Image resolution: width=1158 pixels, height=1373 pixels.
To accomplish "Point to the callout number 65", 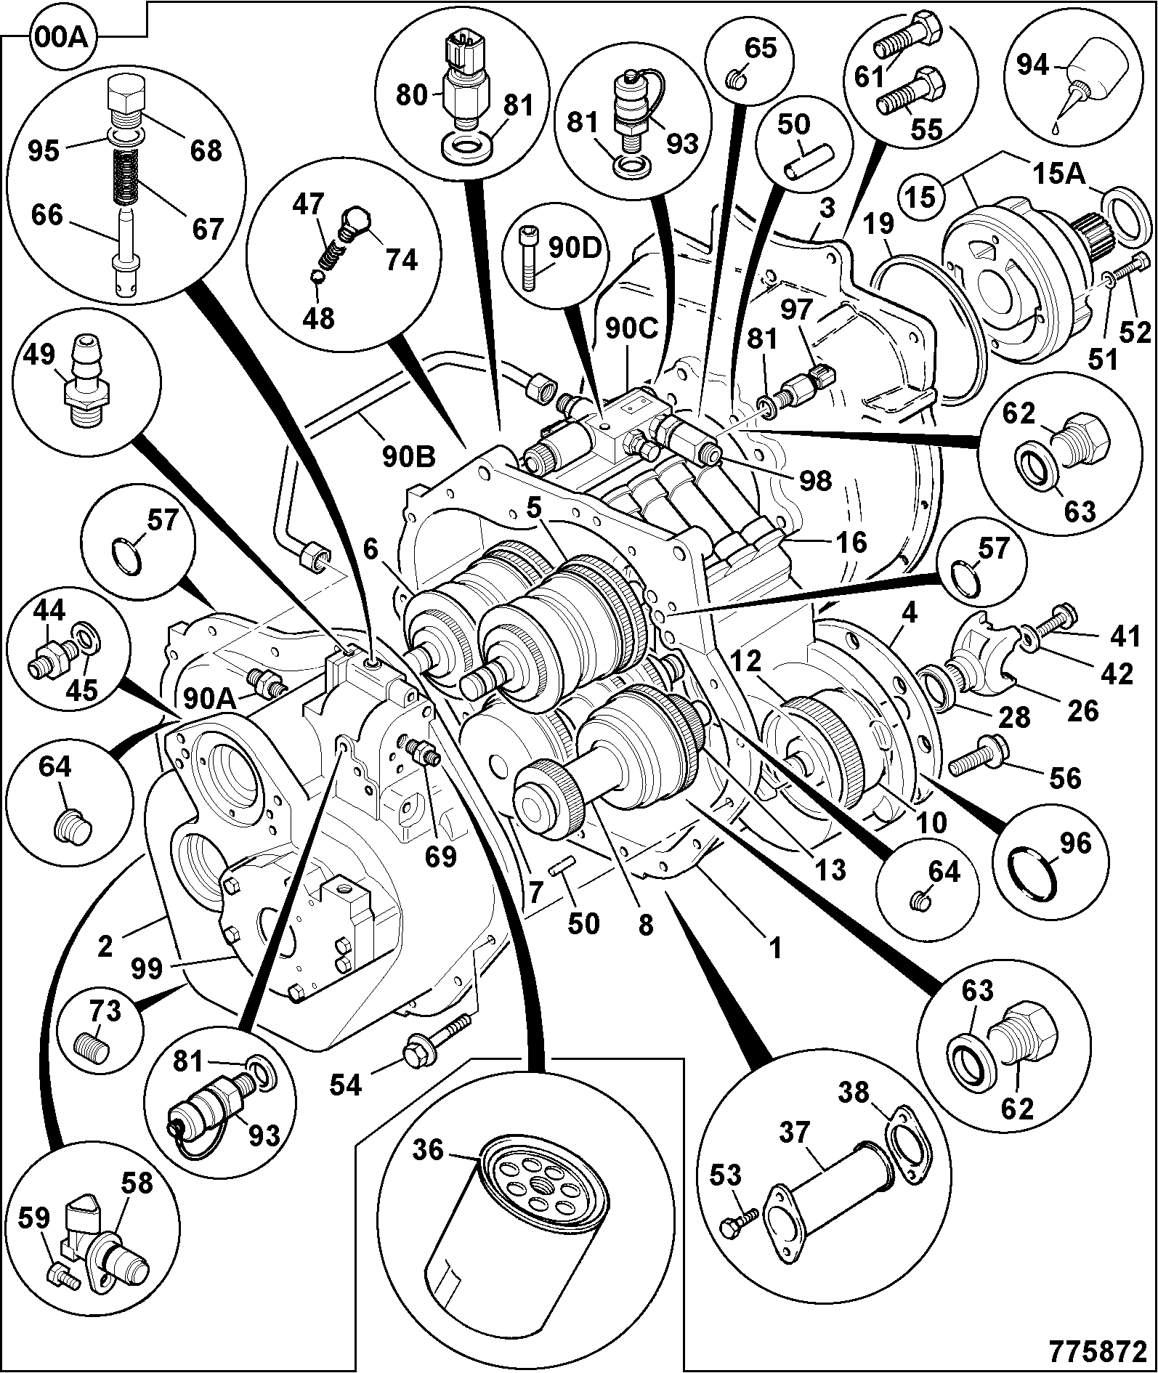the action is click(761, 49).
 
